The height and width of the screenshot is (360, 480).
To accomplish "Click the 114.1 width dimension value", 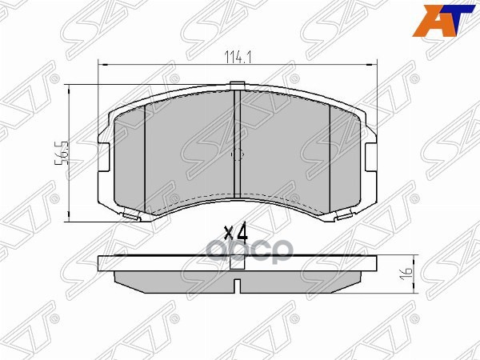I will click(238, 56).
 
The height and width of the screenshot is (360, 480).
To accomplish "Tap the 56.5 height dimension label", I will click(58, 152).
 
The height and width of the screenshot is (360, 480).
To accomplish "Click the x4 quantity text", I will click(236, 233).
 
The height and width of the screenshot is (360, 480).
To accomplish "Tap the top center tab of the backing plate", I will click(238, 85).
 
